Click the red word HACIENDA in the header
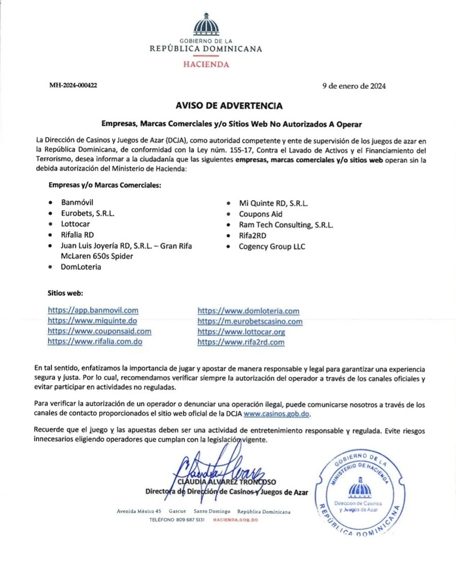[x=206, y=63]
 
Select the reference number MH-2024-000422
[x=74, y=86]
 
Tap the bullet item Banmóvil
[x=77, y=202]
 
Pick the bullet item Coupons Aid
[x=260, y=214]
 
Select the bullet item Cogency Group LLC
[x=272, y=247]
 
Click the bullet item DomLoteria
[x=81, y=267]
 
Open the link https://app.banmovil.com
[x=93, y=310]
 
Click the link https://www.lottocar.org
[x=241, y=332]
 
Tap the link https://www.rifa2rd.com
[x=241, y=342]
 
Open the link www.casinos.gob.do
[x=277, y=413]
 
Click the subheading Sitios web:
[x=65, y=293]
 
